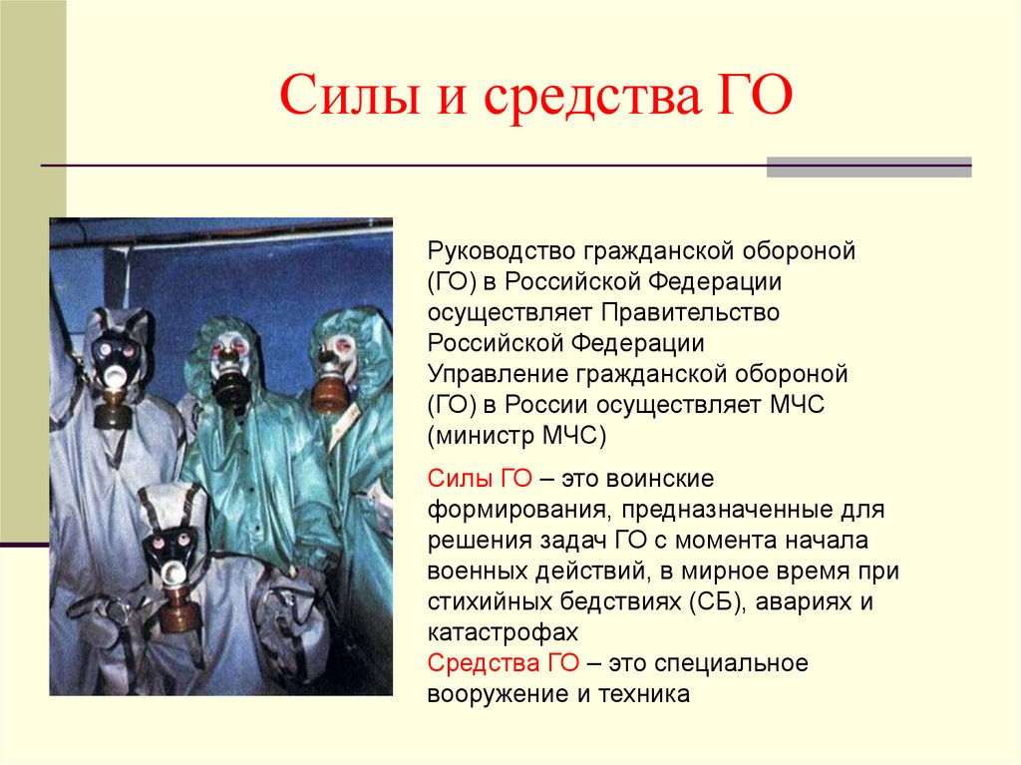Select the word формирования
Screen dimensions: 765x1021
514,509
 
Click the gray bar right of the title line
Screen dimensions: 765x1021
868,167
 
